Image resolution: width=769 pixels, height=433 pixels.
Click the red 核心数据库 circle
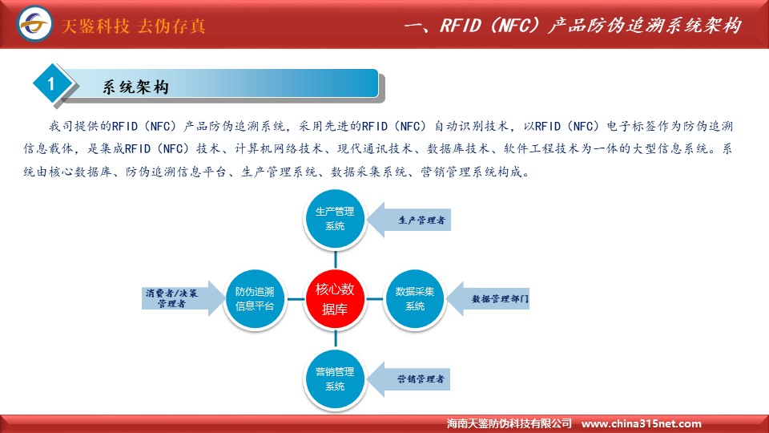pos(336,299)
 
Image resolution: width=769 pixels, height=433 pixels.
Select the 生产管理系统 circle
pos(336,219)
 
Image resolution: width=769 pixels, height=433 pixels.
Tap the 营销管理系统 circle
pos(336,379)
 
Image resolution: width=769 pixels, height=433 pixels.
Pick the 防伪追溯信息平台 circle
pos(255,299)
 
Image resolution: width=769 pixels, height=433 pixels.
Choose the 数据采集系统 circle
pos(415,299)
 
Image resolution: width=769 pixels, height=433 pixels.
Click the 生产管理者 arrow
pos(409,220)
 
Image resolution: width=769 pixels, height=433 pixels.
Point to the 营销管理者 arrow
pos(409,379)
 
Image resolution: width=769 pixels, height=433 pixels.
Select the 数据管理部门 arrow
pos(488,299)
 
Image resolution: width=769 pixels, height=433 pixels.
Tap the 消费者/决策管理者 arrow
pos(183,298)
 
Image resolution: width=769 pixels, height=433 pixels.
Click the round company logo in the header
pos(34,23)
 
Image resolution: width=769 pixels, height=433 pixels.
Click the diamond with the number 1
pos(51,84)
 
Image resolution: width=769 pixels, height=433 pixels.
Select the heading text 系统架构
pos(136,87)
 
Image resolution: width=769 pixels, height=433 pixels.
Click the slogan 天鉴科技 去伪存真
pos(133,26)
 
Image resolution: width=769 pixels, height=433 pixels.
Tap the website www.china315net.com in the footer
pos(641,423)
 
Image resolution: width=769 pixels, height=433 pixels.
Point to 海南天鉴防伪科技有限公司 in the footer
pos(509,423)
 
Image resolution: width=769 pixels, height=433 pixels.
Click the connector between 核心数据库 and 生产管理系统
pos(336,259)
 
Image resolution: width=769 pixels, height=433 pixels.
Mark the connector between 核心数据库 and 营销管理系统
pos(336,338)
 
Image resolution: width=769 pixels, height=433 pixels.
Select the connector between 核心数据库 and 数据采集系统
pos(375,299)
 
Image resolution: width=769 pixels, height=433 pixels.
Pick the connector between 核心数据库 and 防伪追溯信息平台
pos(296,299)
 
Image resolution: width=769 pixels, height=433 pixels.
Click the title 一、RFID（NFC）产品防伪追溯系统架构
pos(572,25)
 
